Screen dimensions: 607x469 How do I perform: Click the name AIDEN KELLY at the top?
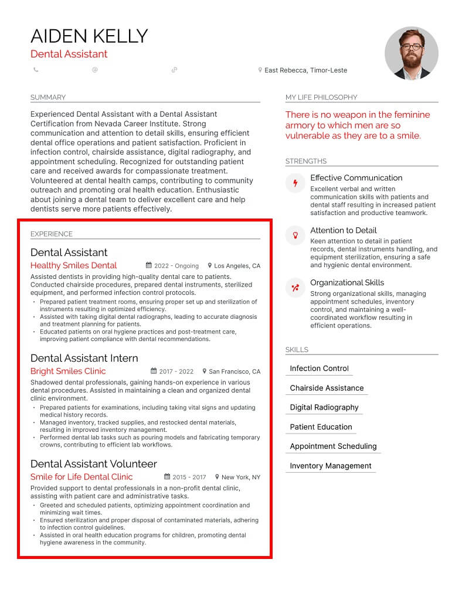(x=89, y=36)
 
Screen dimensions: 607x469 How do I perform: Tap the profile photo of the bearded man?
(x=411, y=53)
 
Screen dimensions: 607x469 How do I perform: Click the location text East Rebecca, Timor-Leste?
(x=305, y=70)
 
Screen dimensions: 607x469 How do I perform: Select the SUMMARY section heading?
(x=48, y=97)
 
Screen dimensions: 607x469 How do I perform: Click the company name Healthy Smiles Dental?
(x=73, y=265)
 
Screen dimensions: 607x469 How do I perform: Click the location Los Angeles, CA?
(x=237, y=266)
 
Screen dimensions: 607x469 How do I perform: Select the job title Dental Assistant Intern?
(x=84, y=358)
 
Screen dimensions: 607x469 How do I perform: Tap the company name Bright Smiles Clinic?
(x=68, y=371)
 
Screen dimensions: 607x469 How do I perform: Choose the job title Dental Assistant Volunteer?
(x=93, y=463)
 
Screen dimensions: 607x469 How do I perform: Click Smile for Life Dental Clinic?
(x=81, y=477)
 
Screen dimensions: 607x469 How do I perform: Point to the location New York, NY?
(x=240, y=478)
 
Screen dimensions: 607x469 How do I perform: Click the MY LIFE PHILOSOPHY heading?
(x=321, y=97)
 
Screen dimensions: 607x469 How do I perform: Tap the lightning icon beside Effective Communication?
(x=295, y=183)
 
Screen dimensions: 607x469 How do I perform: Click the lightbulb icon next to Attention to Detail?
(x=295, y=236)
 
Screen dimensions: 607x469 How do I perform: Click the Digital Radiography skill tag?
(x=324, y=407)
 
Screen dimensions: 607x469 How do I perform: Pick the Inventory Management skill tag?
(x=331, y=466)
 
